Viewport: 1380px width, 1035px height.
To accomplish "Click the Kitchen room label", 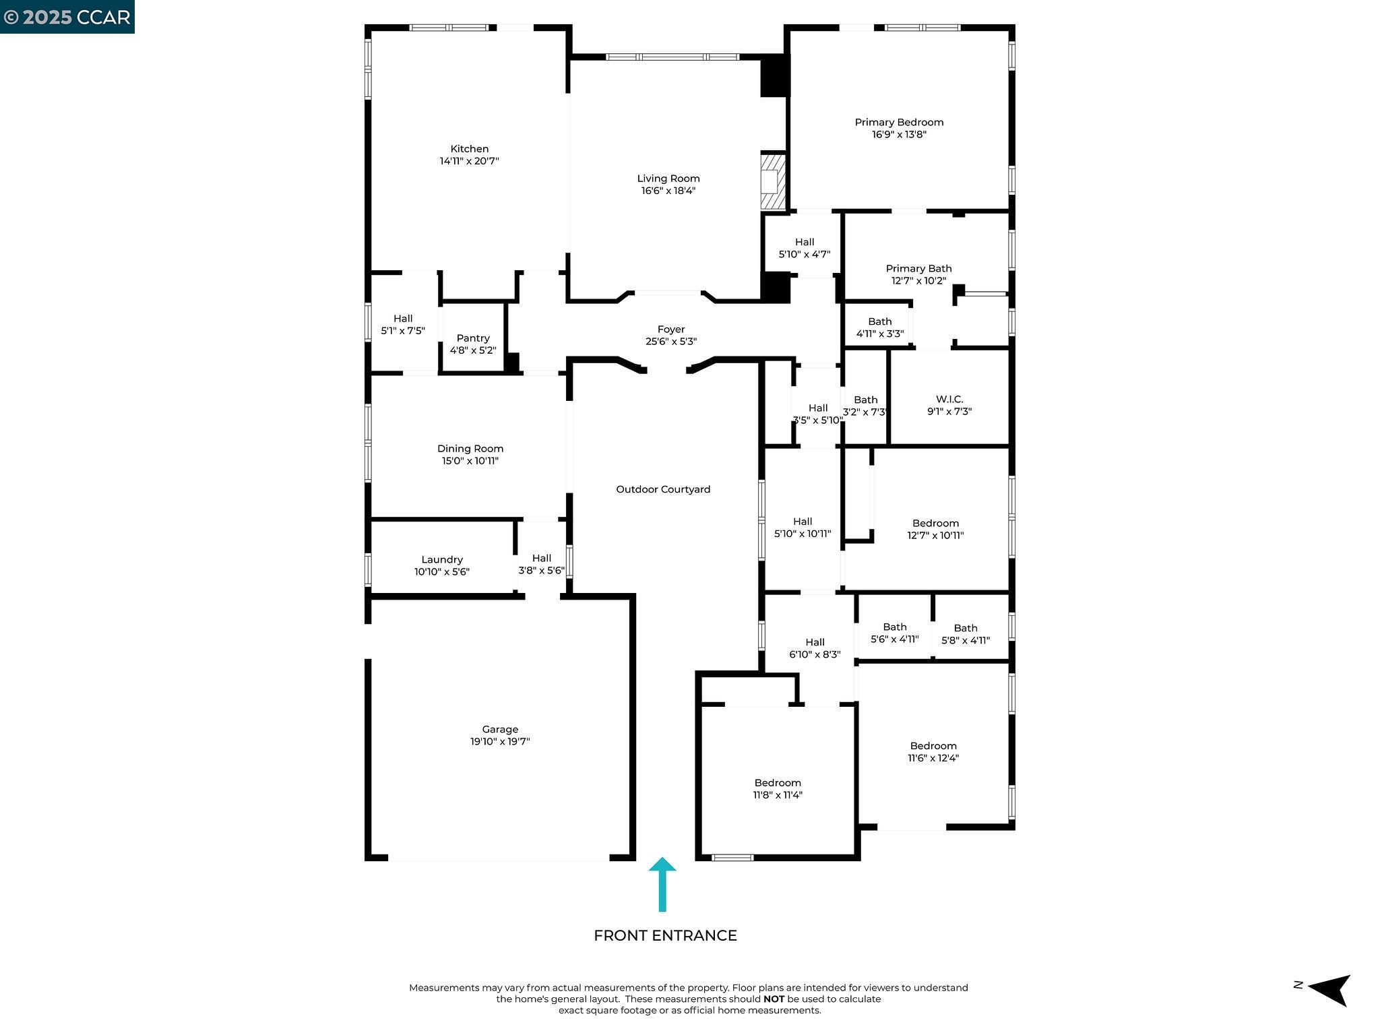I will coord(470,149).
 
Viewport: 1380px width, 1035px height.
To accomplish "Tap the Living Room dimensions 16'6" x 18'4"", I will coord(668,191).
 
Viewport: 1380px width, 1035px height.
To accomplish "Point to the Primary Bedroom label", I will coord(899,122).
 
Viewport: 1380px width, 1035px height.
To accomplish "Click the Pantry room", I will coord(473,344).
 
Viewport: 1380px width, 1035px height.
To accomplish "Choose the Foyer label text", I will coord(671,330).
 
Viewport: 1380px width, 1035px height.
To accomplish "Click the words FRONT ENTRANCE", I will coord(665,935).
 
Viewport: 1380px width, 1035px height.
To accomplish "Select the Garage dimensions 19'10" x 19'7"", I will coord(500,742).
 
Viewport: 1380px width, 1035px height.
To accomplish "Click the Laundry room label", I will coord(441,559).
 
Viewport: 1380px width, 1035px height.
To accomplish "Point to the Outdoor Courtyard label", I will coord(663,489).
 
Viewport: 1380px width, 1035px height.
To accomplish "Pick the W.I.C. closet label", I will coord(949,399).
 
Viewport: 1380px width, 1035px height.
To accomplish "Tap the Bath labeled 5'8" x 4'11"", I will coord(965,634).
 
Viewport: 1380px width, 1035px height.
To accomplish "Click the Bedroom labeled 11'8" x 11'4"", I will coord(778,788).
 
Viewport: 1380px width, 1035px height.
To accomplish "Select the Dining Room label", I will coord(470,449).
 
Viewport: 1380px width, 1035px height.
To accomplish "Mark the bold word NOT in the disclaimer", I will coord(773,999).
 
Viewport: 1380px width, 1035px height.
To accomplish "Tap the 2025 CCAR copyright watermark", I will coord(67,16).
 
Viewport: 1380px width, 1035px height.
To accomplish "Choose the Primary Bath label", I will coord(918,268).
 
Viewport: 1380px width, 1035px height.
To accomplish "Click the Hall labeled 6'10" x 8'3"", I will coord(815,648).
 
